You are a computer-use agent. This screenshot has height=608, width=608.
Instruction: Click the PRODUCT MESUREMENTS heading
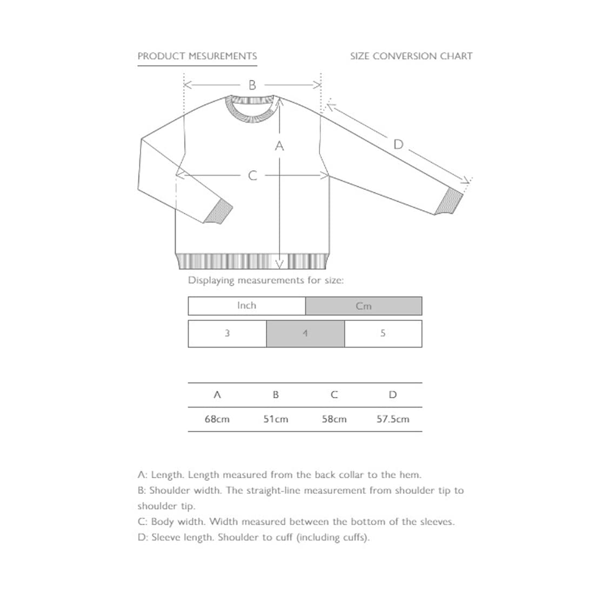(x=197, y=56)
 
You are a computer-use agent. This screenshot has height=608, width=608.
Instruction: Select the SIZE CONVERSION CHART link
(x=411, y=56)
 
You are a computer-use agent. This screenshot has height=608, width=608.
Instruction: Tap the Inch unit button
(x=246, y=306)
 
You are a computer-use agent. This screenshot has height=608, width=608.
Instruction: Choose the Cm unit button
(x=364, y=306)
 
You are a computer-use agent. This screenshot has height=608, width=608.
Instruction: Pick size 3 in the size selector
(x=227, y=333)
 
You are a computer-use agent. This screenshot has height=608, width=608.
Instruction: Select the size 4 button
(x=305, y=333)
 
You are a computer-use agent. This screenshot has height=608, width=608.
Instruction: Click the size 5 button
(x=383, y=333)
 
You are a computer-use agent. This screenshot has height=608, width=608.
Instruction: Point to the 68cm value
(x=217, y=419)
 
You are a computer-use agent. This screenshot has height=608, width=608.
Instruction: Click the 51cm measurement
(x=276, y=419)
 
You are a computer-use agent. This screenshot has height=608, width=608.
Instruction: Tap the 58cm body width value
(x=334, y=419)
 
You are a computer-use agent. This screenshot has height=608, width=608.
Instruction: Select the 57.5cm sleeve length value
(x=393, y=419)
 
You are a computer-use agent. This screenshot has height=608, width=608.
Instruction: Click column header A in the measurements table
(x=217, y=395)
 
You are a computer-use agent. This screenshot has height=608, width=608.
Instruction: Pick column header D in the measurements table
(x=393, y=395)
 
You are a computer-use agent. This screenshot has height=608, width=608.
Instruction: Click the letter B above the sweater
(x=252, y=85)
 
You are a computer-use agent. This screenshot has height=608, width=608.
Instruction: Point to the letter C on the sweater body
(x=252, y=176)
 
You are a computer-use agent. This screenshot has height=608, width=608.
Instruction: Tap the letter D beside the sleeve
(x=398, y=144)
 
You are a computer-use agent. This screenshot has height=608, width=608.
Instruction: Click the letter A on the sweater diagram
(x=279, y=146)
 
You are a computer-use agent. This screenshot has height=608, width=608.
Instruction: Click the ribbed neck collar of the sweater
(x=252, y=108)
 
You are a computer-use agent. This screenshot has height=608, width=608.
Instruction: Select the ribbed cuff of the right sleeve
(x=449, y=202)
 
